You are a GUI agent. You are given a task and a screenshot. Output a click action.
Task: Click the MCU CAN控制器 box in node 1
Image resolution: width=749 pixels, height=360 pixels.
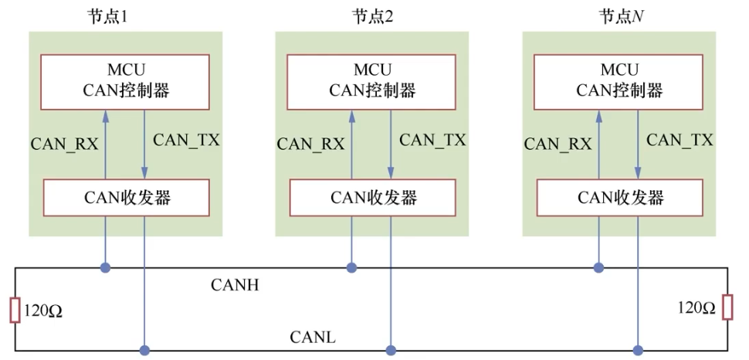click(125, 81)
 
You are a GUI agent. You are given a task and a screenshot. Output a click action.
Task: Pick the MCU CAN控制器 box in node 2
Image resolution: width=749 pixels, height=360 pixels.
click(372, 81)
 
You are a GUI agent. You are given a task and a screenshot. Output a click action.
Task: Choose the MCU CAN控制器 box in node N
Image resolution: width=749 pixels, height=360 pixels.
click(619, 81)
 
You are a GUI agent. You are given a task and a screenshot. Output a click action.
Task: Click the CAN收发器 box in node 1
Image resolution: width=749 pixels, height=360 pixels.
click(125, 197)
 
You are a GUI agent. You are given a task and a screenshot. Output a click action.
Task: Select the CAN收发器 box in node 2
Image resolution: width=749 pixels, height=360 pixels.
click(372, 197)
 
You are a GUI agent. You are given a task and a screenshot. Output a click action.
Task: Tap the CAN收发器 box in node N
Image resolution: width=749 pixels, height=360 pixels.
click(619, 197)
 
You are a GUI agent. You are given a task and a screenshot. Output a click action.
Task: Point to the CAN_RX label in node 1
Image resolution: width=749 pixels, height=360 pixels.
click(64, 144)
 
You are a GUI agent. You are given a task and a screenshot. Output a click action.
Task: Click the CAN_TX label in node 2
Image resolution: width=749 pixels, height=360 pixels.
click(432, 140)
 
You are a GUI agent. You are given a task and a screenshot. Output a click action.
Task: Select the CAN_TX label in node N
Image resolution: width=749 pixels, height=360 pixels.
click(680, 140)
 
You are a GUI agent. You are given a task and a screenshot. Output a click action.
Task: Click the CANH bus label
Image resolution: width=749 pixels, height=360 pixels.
click(235, 286)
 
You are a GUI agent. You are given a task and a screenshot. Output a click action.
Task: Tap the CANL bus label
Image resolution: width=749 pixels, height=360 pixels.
click(312, 338)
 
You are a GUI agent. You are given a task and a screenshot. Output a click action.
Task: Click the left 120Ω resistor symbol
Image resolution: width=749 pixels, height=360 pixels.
click(15, 309)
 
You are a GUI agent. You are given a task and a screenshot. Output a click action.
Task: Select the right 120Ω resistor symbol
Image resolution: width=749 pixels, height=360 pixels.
click(727, 307)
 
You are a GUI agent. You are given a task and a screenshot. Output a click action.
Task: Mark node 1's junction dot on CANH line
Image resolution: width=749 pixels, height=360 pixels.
click(105, 268)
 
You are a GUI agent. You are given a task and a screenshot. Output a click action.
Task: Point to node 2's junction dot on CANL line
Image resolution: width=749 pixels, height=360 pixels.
click(391, 350)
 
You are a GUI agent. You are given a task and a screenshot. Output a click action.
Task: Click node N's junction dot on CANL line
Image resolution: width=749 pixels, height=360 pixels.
click(638, 350)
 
